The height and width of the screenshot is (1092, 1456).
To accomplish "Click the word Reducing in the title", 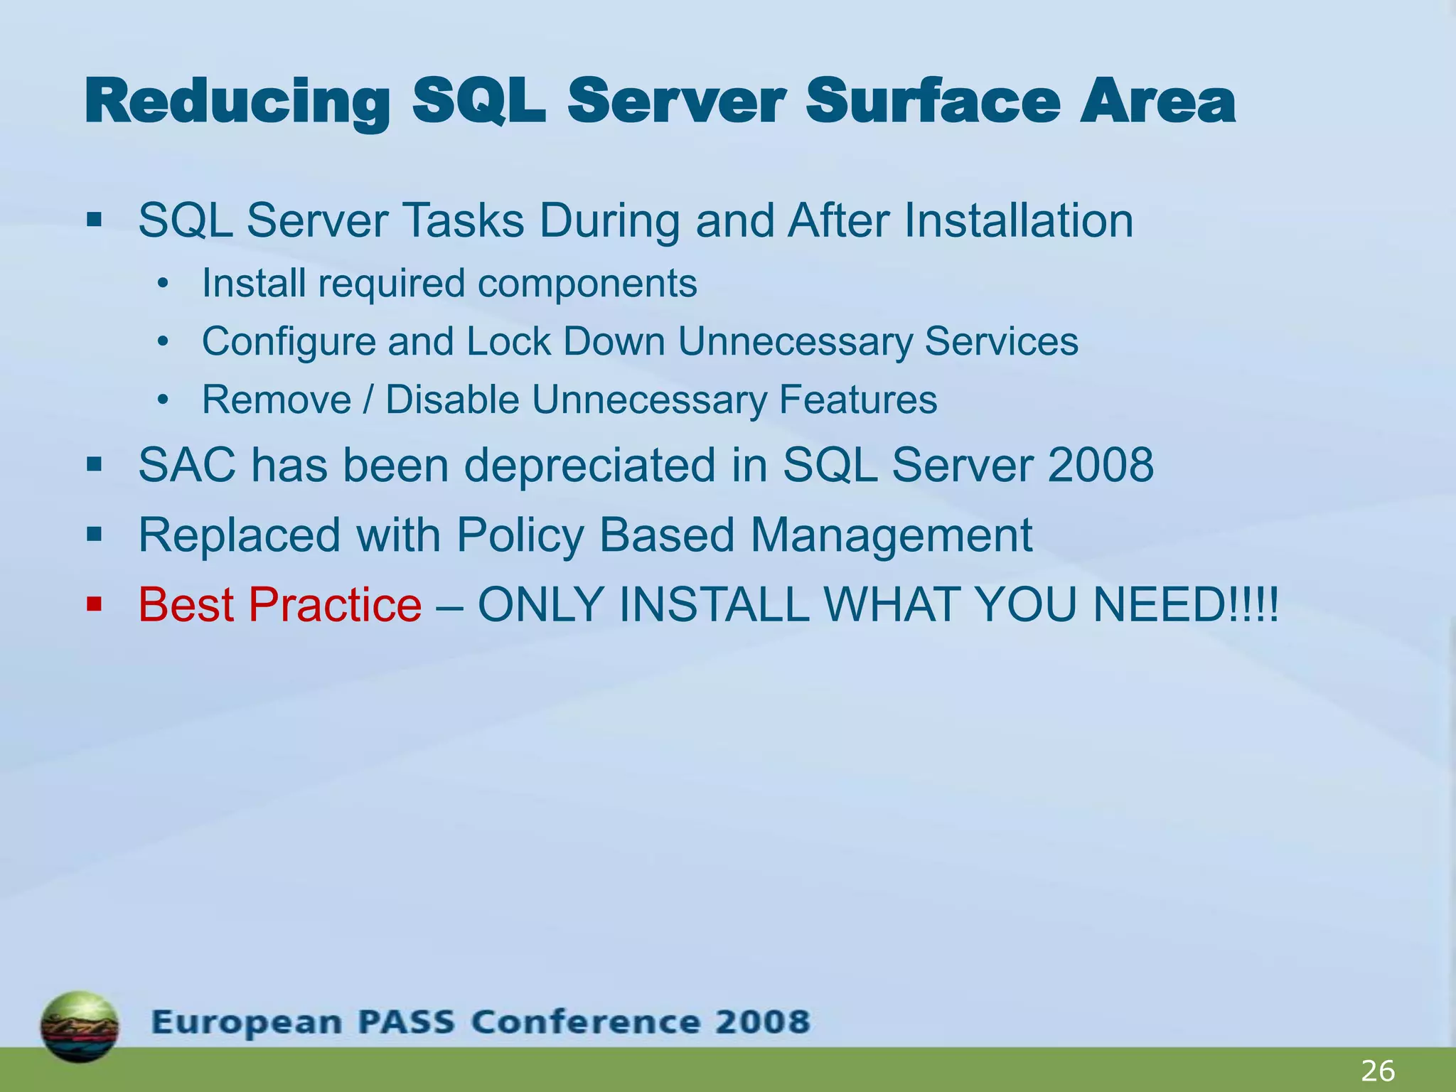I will pos(237,103).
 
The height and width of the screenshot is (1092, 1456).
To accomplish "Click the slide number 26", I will pos(1378,1071).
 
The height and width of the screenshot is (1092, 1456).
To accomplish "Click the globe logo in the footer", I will pos(80,1026).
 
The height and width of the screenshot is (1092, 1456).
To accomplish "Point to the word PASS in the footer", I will pos(406,1022).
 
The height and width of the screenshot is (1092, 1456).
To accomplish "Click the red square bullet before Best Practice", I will pos(94,605).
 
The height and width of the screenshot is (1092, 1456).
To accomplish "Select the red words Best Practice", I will pos(280,605).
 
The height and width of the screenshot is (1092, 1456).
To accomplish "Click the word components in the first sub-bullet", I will pos(587,284).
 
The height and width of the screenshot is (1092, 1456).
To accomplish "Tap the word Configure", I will pos(288,342).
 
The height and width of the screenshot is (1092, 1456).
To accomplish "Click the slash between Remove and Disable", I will pos(368,400).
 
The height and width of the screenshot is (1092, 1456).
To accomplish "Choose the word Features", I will pos(857,400).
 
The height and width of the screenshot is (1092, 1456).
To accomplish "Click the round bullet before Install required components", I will pos(164,284).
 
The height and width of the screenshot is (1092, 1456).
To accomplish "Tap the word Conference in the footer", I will pos(576,1022).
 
